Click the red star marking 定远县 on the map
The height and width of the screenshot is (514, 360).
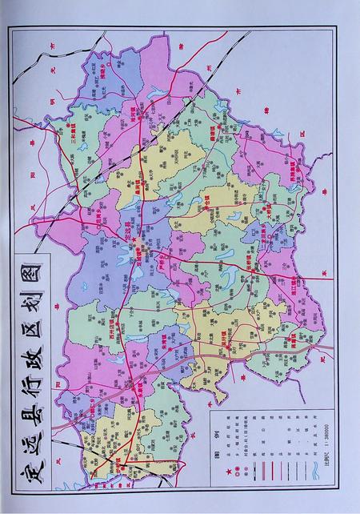pyautogui.click(x=136, y=241)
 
